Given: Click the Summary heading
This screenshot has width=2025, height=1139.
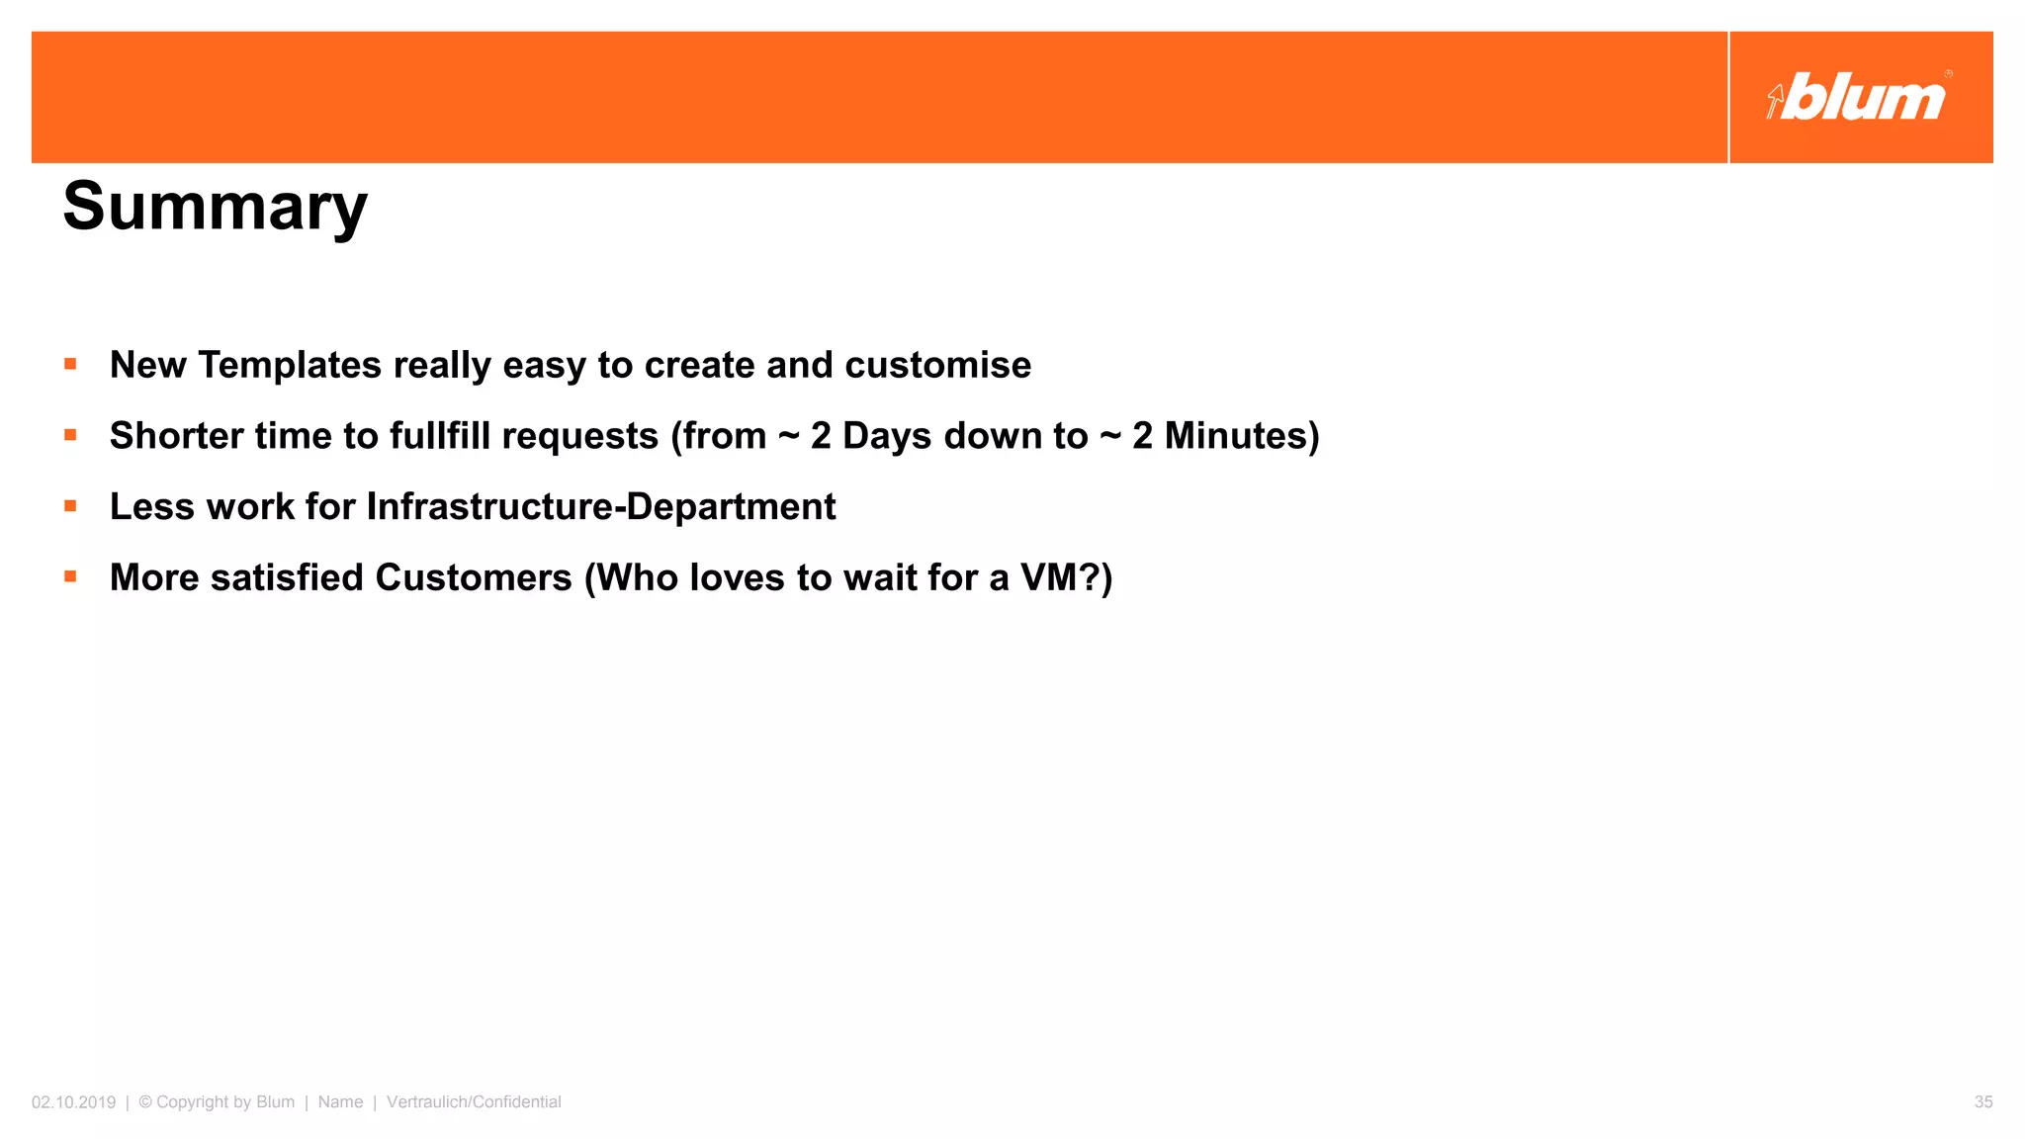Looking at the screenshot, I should [215, 207].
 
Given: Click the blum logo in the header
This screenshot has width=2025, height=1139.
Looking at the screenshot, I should [1859, 98].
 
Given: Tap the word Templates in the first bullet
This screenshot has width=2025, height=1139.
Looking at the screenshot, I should [289, 365].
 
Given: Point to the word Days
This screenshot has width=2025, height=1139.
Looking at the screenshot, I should [886, 436].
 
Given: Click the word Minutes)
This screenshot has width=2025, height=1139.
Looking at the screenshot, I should [1242, 436].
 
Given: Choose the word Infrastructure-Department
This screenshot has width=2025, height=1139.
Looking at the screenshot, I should [601, 507].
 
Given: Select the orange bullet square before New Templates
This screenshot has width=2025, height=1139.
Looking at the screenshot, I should [70, 364].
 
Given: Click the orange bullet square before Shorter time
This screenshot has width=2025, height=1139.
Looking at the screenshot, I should [70, 435].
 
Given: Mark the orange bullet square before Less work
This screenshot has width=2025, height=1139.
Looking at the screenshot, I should [70, 506].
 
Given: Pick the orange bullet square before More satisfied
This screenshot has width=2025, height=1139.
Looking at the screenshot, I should [70, 576].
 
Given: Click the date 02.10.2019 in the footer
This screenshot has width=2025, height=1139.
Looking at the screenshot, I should [73, 1102].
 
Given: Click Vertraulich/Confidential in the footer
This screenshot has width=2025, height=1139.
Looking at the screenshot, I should [474, 1102].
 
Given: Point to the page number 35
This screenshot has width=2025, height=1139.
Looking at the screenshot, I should [1982, 1102].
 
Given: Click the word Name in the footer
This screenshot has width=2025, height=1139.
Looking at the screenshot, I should [340, 1102].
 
